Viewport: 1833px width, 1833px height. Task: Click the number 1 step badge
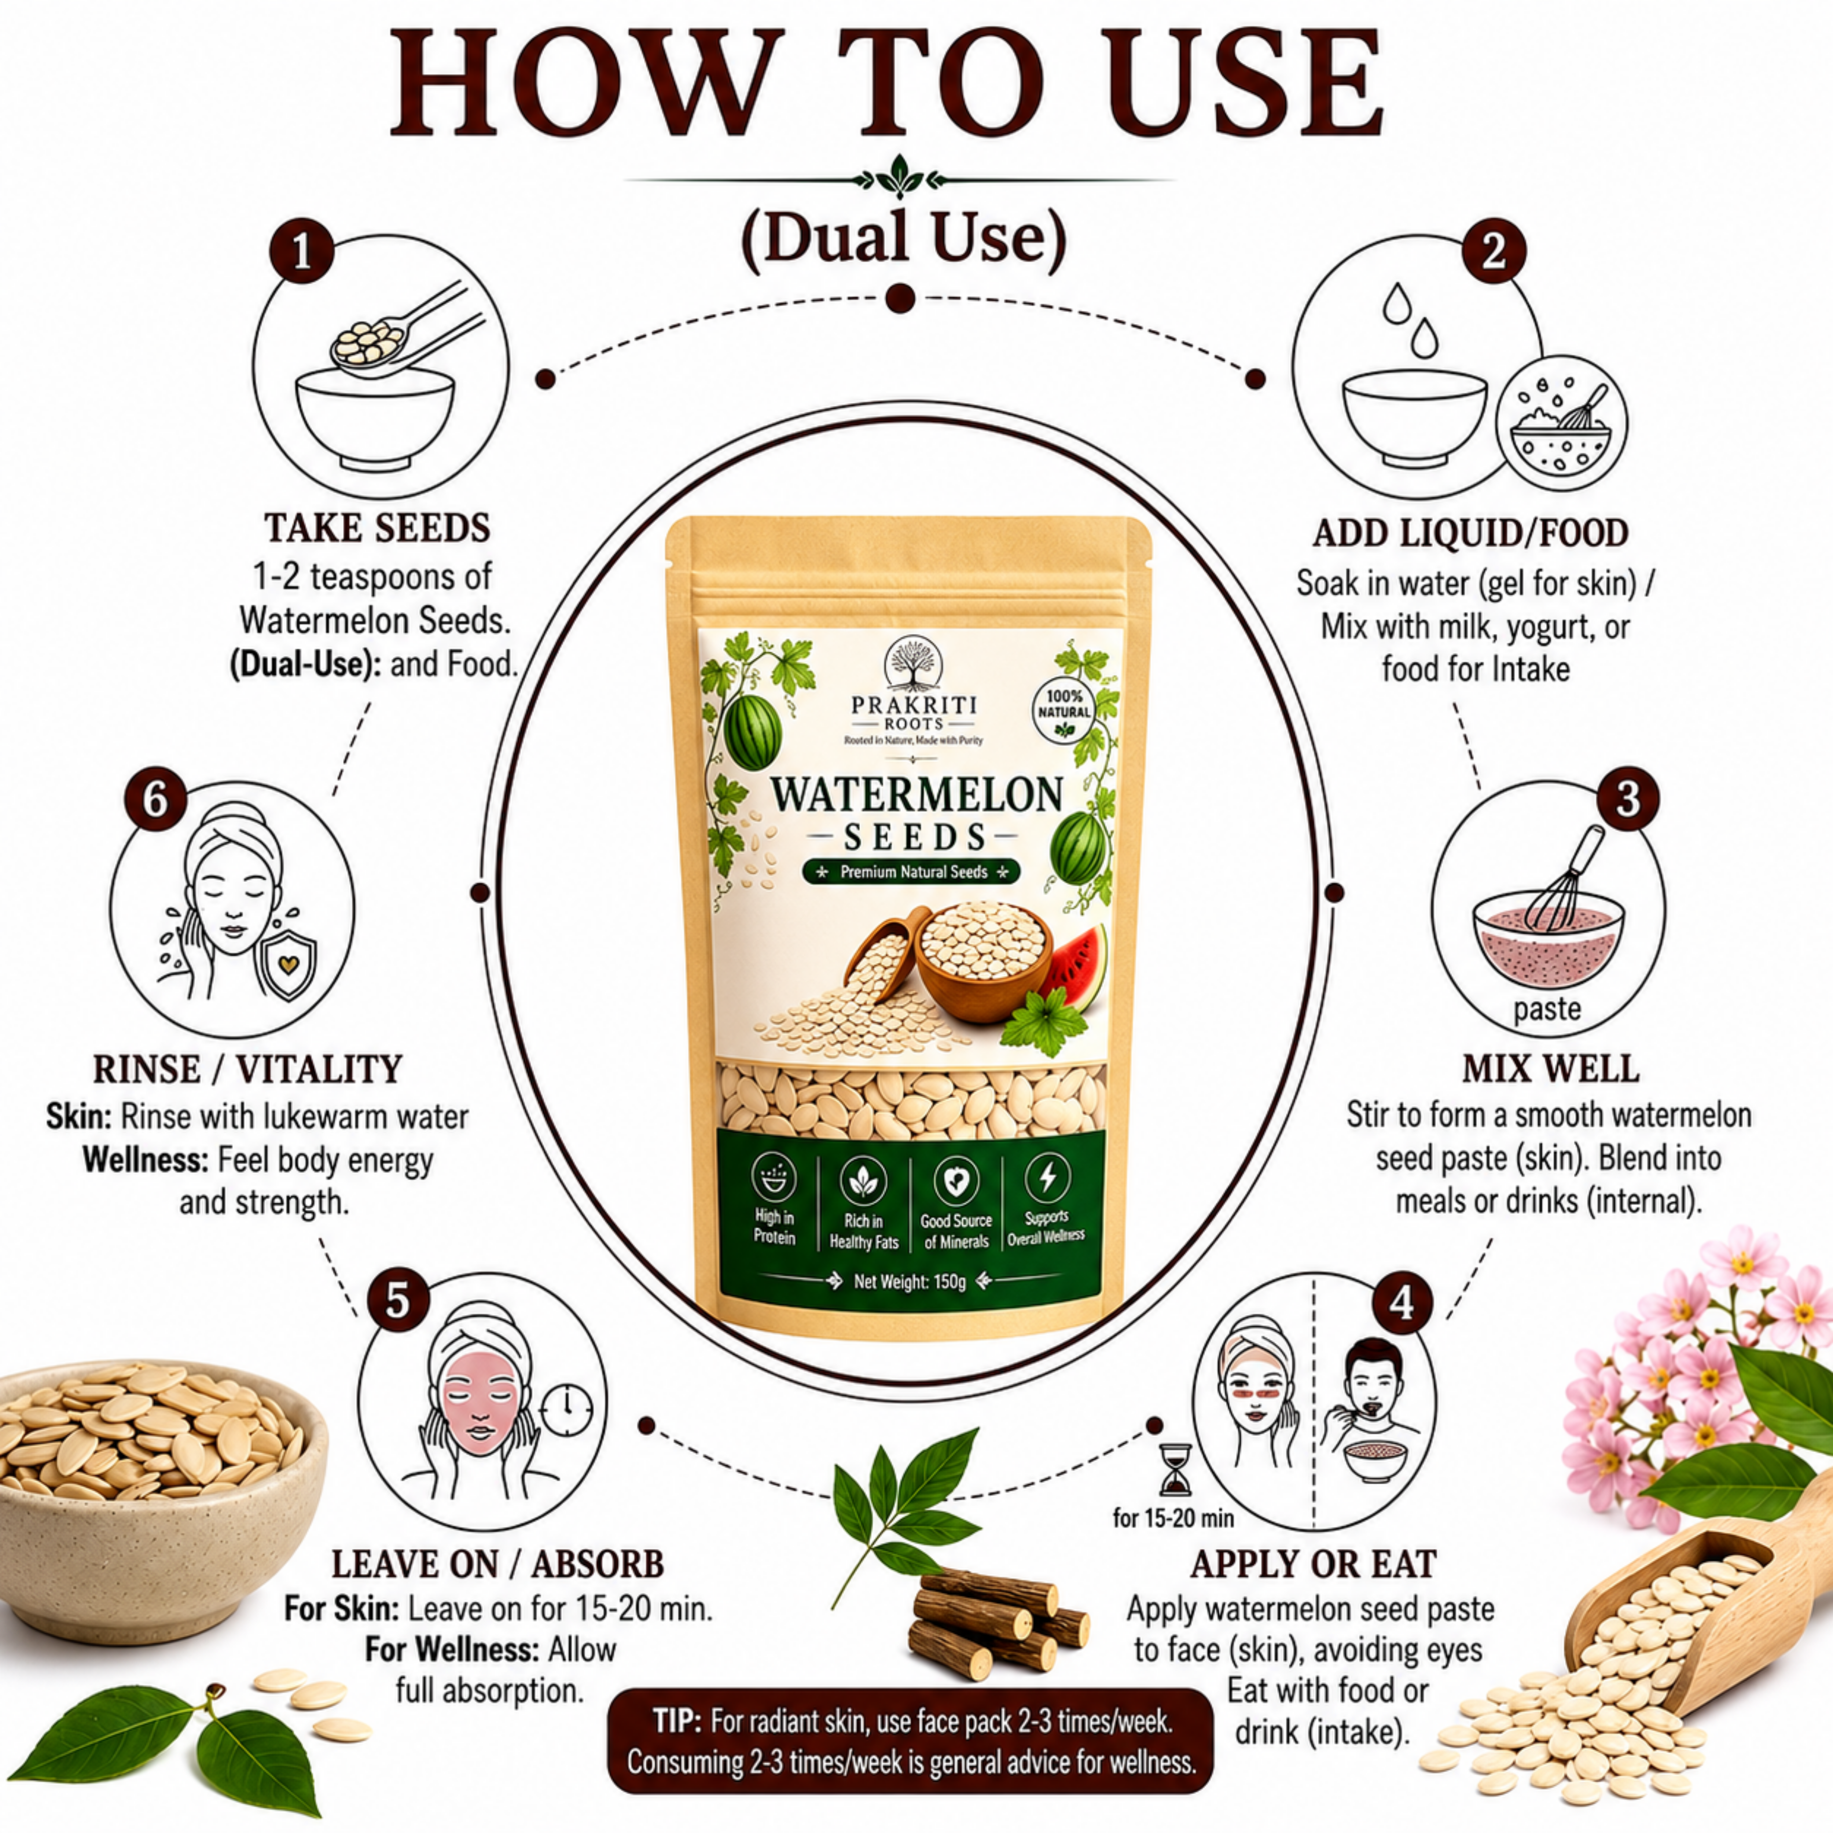click(x=302, y=252)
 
